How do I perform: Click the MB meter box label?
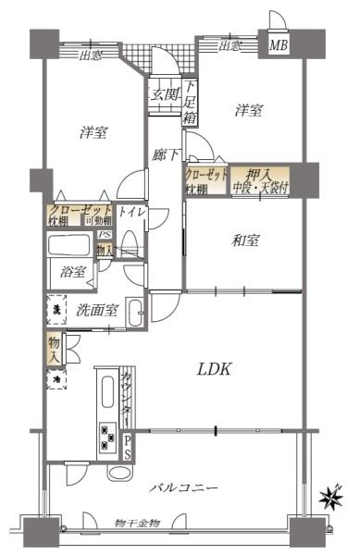[x=278, y=43]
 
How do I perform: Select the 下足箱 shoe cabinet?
[x=190, y=103]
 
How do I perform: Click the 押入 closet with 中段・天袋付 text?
[x=259, y=178]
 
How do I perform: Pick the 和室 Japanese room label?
[x=245, y=240]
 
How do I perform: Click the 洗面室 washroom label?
[x=96, y=310]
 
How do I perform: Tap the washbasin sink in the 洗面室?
[x=134, y=312]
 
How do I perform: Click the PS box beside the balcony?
[x=128, y=447]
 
